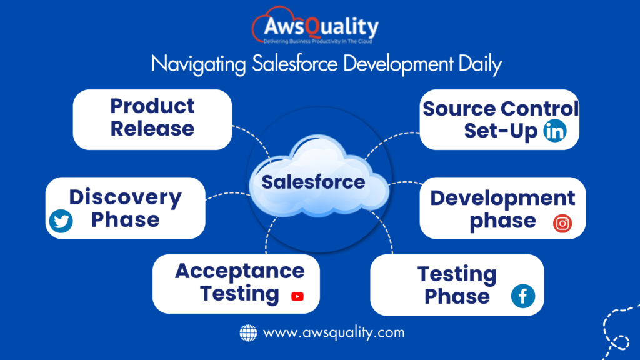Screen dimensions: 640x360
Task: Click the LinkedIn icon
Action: coord(555,131)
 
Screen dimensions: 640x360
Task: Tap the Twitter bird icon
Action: coord(61,221)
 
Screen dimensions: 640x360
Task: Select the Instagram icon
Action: coord(562,223)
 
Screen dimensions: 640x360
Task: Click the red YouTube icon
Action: coord(297,296)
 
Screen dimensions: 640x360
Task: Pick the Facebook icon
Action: coord(523,296)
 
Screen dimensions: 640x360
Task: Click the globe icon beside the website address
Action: coord(248,332)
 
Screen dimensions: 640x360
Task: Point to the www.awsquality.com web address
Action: coord(334,332)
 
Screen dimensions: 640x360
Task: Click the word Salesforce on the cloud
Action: coord(313,182)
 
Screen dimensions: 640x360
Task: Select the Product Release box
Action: coord(152,119)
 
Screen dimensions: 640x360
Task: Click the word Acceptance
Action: coord(239,271)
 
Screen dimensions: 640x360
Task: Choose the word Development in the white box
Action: coord(502,198)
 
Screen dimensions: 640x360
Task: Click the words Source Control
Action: coord(501,109)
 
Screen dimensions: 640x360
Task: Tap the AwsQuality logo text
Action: coord(321,26)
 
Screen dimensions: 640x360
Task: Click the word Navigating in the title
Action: coord(198,64)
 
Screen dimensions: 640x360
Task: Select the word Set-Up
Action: coord(501,131)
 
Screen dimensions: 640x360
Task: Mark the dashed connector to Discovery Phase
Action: coord(227,195)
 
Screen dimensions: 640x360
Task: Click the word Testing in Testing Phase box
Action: coord(457,275)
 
